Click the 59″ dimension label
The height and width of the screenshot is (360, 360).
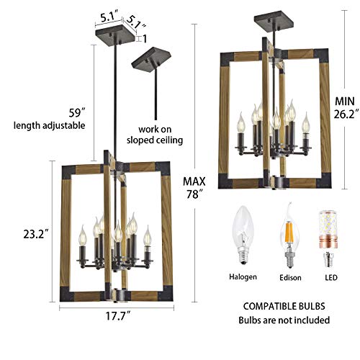tap(58, 112)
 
